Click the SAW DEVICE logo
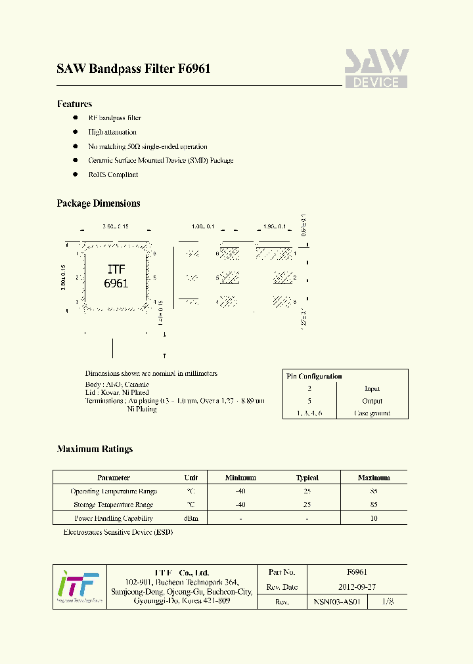[x=376, y=68]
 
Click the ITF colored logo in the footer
[x=79, y=587]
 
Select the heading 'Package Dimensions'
[x=99, y=203]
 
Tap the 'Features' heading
[x=74, y=104]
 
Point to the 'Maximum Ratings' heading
[x=95, y=449]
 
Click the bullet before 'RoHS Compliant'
[x=75, y=175]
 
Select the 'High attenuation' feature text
[x=112, y=132]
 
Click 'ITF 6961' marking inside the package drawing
[x=116, y=277]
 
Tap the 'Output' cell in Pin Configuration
[x=372, y=401]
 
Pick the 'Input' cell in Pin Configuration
[x=372, y=388]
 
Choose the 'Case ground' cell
[x=372, y=413]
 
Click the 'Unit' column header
[x=191, y=478]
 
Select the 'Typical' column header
[x=307, y=478]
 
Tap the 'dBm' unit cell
[x=191, y=518]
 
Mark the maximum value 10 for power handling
[x=374, y=518]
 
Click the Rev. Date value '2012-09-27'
[x=357, y=587]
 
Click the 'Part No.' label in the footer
[x=282, y=572]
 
